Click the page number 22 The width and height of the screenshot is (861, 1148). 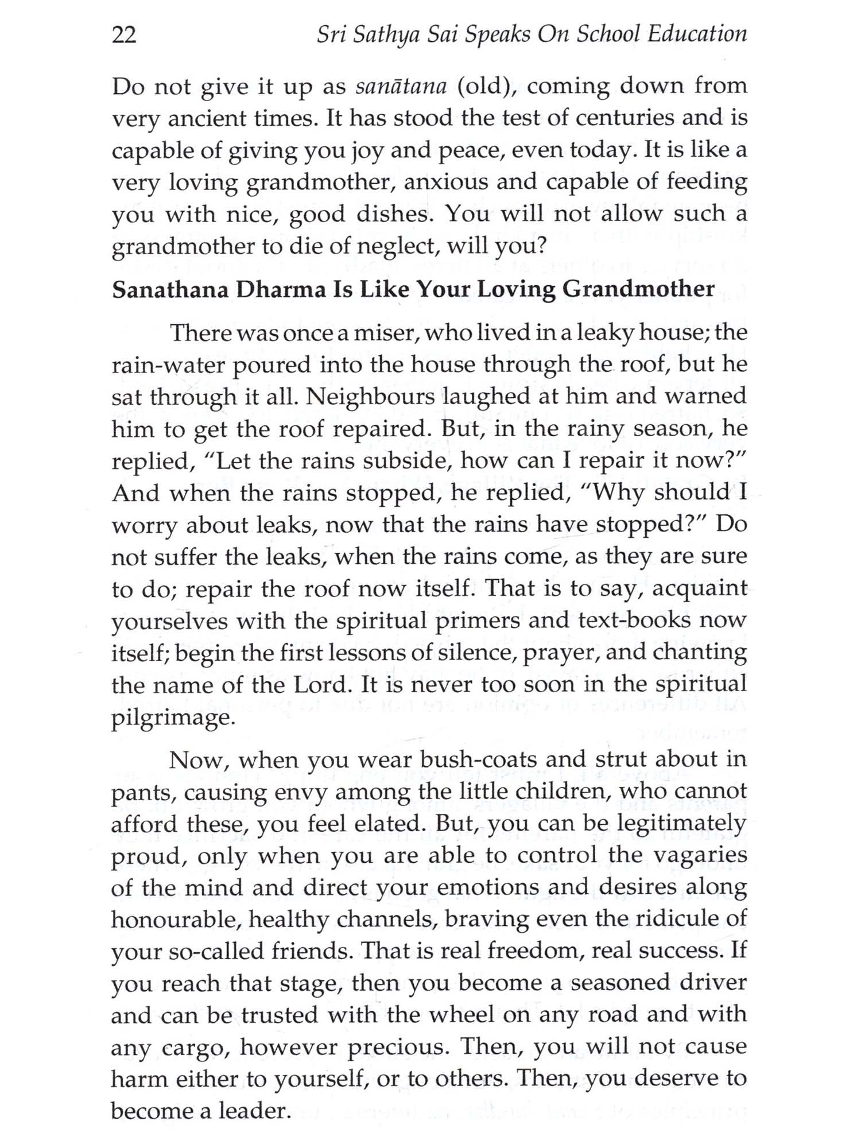(124, 36)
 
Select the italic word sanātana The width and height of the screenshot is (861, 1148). (401, 87)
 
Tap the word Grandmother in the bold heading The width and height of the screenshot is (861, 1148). (638, 289)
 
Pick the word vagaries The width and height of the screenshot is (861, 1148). (700, 856)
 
